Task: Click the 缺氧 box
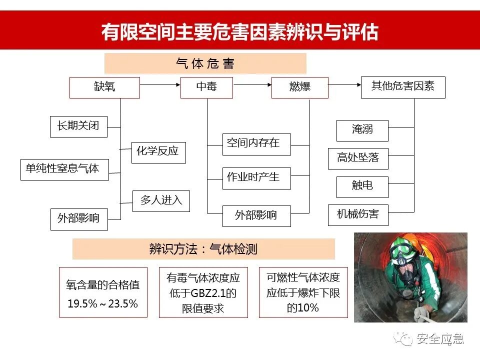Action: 104,87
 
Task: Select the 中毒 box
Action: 206,87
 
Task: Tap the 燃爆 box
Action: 299,87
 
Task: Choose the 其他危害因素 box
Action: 403,86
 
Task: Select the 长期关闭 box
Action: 79,126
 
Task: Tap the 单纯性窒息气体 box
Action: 63,169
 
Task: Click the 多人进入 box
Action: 161,201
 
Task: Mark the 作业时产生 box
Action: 256,178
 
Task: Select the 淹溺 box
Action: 362,130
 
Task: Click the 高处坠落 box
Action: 358,158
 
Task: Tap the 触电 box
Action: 362,187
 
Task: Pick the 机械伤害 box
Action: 358,215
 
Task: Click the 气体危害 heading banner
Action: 205,63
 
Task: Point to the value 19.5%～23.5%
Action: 103,303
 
